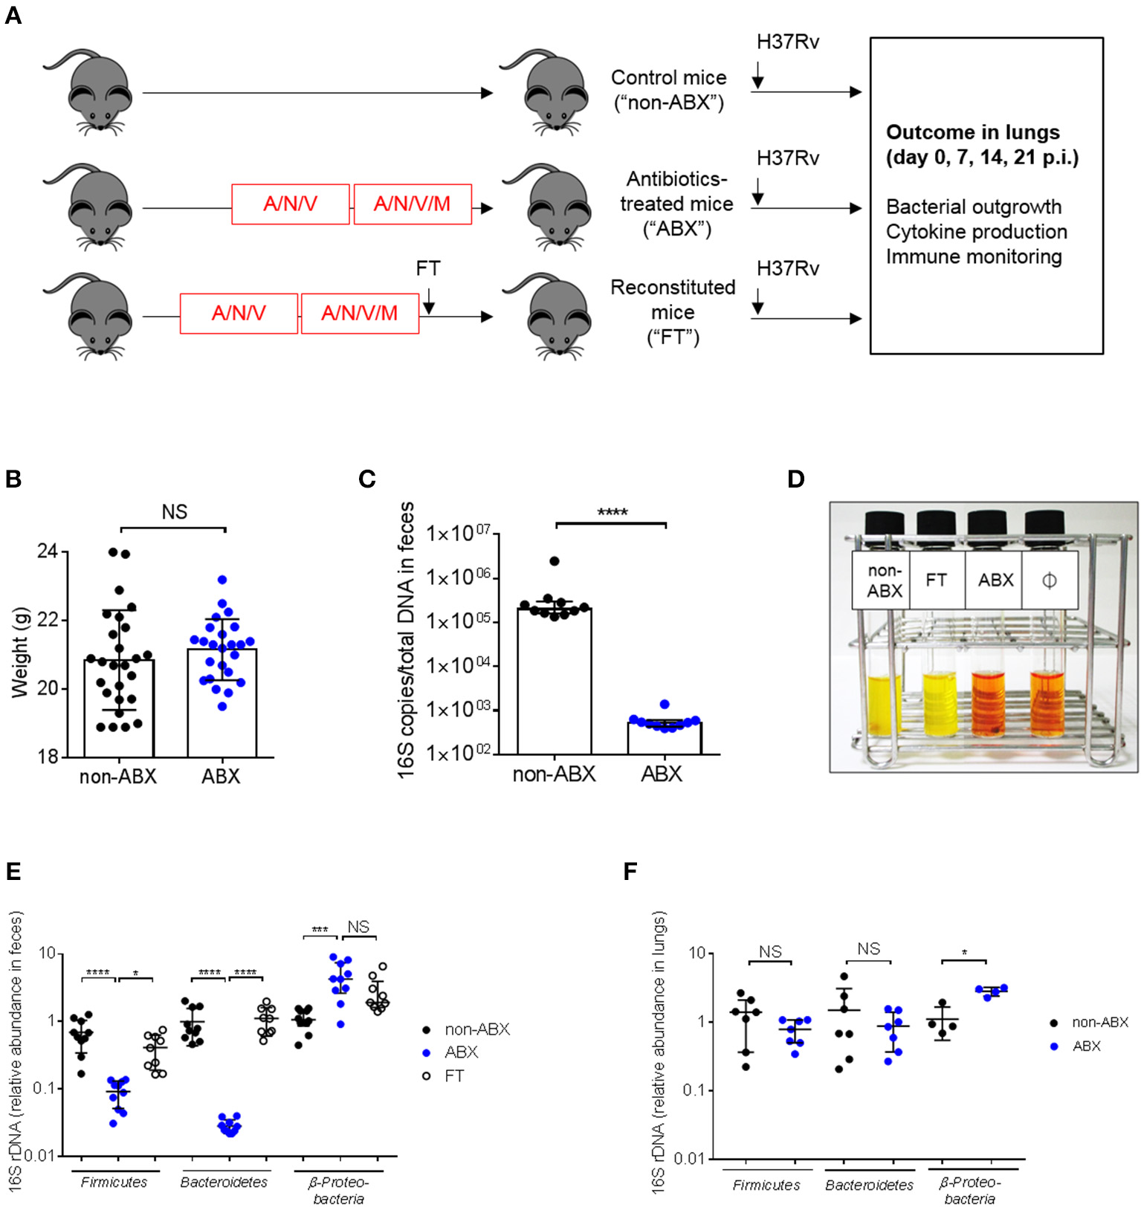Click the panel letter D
[x=795, y=479]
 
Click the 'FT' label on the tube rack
[x=936, y=580]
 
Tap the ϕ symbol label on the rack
[x=1049, y=580]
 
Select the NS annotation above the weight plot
[x=175, y=512]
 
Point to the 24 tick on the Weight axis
[x=48, y=551]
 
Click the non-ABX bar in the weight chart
[x=119, y=707]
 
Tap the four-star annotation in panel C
[x=612, y=512]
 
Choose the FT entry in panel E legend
[x=453, y=1075]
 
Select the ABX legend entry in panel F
[x=1086, y=1046]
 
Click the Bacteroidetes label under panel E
[x=224, y=1182]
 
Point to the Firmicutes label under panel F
[x=766, y=1185]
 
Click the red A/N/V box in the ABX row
[x=291, y=204]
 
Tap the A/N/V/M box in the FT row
[x=360, y=314]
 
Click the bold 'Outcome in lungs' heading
[x=972, y=132]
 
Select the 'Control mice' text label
[x=668, y=78]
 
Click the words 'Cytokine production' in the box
[x=976, y=232]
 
